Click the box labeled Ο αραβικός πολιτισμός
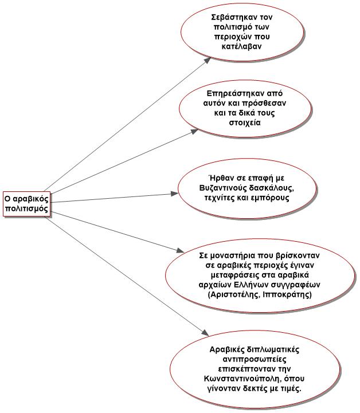click(26, 204)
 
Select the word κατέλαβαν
click(241, 46)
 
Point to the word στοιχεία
click(245, 123)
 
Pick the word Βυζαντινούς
click(222, 188)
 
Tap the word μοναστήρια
click(233, 255)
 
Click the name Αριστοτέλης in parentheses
click(231, 294)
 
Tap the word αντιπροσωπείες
click(255, 360)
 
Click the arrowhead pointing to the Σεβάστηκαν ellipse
click(208, 60)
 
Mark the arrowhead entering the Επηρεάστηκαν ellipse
click(194, 131)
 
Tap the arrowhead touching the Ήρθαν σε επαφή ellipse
click(174, 194)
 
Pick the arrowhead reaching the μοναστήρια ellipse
click(181, 250)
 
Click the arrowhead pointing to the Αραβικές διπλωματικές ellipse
click(205, 333)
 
